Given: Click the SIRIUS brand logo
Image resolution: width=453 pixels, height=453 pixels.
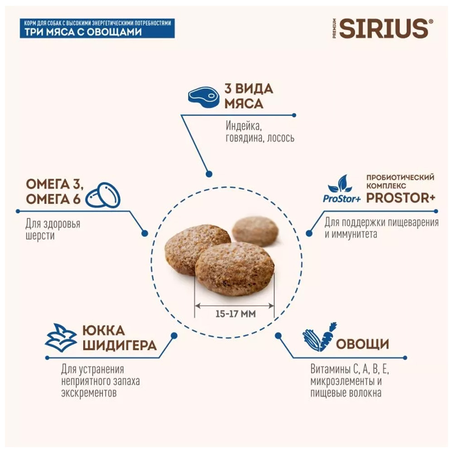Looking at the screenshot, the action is [383, 28].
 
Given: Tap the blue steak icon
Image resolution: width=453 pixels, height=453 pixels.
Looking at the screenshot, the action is [203, 97].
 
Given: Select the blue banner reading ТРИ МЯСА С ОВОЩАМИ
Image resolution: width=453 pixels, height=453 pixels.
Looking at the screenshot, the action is [97, 28].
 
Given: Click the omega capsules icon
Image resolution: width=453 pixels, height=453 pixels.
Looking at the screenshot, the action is [103, 195].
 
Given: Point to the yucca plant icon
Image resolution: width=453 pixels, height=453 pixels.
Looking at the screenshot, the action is [61, 337].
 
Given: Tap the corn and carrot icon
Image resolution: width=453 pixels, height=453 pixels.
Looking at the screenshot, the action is [319, 337].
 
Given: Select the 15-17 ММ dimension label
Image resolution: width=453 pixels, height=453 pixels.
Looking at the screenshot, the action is [236, 314].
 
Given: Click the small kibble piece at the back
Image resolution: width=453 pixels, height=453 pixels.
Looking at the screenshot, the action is [255, 231].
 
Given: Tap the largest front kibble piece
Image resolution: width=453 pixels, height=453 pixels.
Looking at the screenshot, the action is [235, 269].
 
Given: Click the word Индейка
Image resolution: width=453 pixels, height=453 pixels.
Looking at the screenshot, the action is [244, 126].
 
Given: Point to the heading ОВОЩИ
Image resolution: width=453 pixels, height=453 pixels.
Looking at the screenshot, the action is [362, 344].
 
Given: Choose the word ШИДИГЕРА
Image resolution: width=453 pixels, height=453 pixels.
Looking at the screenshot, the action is [120, 345].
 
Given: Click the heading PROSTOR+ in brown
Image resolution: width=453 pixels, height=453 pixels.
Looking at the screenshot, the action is [400, 198].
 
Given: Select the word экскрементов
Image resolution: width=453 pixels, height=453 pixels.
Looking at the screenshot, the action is [89, 393].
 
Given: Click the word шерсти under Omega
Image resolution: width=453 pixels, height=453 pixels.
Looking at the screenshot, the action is [40, 236].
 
